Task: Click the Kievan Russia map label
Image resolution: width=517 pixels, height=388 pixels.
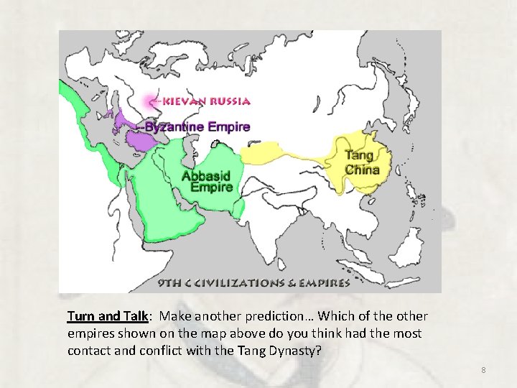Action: click(206, 101)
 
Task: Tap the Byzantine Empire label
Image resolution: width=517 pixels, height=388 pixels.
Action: click(199, 127)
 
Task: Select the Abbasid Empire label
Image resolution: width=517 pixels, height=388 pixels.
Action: click(207, 181)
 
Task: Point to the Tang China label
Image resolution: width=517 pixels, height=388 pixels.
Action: click(362, 162)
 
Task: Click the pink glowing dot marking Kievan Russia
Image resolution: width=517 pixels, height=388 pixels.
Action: click(151, 101)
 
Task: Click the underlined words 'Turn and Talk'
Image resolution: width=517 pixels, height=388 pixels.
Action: click(108, 316)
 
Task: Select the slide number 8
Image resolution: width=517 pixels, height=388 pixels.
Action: click(483, 370)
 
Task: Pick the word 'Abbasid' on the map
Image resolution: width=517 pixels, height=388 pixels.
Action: click(206, 175)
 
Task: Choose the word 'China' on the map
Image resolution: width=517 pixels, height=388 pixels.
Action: click(362, 170)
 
